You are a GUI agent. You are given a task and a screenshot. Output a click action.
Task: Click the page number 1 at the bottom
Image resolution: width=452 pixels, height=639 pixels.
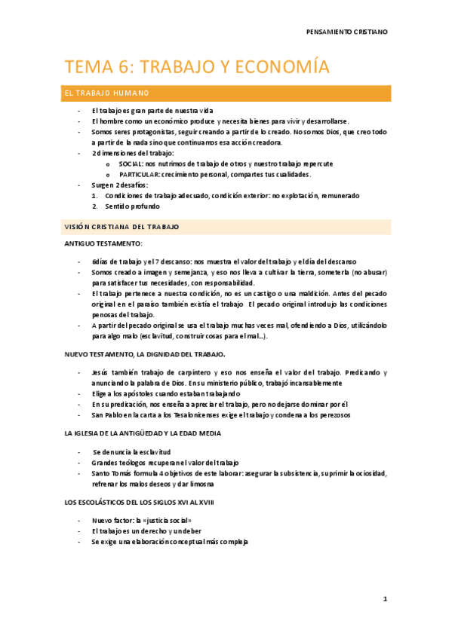(x=385, y=599)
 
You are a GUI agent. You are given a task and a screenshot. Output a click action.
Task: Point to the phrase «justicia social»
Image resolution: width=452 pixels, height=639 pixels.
(x=165, y=521)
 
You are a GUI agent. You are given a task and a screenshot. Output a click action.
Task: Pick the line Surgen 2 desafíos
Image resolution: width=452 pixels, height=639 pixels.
(x=120, y=185)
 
